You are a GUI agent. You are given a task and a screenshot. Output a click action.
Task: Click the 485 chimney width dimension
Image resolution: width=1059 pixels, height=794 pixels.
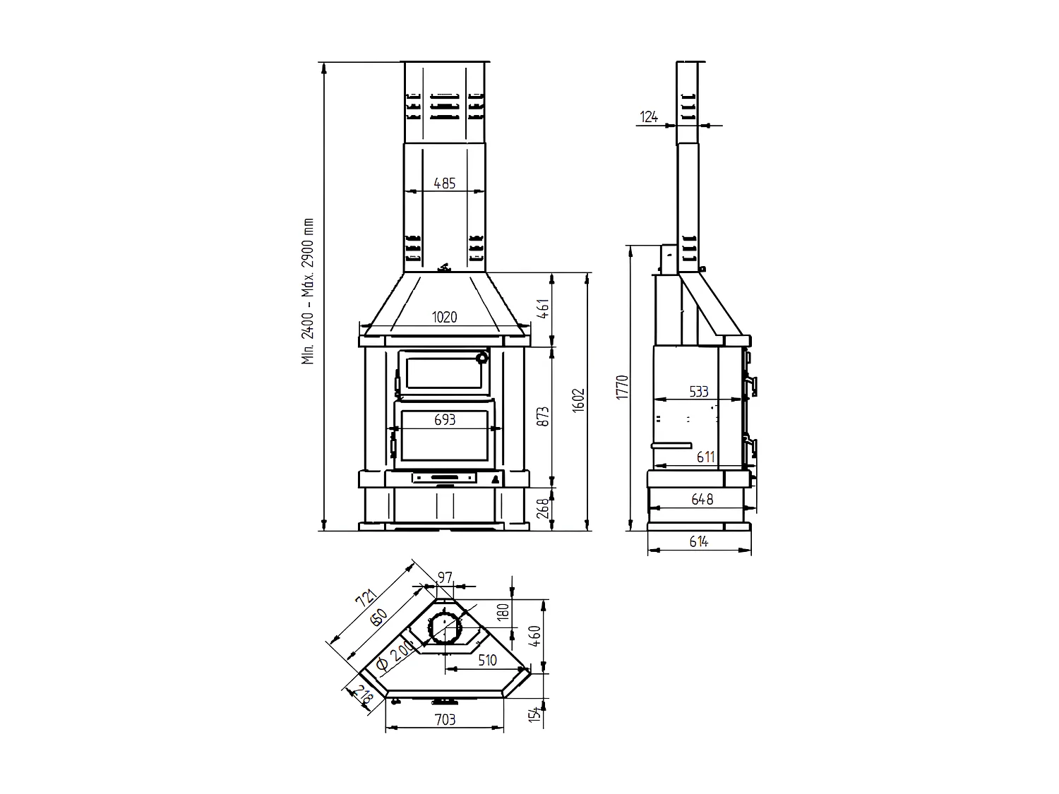click(x=444, y=184)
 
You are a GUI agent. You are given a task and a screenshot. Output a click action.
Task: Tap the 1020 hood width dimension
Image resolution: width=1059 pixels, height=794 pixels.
click(x=444, y=317)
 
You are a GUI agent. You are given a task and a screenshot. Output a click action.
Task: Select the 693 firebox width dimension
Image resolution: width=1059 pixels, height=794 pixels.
click(x=444, y=419)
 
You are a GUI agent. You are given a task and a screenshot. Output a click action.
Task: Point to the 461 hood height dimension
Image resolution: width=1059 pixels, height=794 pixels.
click(x=543, y=308)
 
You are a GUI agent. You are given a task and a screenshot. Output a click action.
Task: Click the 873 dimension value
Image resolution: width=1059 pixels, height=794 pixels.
click(x=543, y=416)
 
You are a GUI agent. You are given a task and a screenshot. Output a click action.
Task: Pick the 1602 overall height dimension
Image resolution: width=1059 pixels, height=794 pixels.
click(x=578, y=400)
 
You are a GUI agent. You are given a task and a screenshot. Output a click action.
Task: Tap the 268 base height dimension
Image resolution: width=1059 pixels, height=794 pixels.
click(x=543, y=508)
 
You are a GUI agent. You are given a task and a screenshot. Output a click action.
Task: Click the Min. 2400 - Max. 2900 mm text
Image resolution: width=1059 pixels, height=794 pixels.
click(x=308, y=291)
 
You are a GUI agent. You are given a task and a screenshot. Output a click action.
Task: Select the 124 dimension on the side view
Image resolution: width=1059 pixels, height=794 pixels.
click(x=649, y=116)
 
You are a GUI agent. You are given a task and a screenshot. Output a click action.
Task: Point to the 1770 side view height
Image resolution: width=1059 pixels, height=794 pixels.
click(x=623, y=387)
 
